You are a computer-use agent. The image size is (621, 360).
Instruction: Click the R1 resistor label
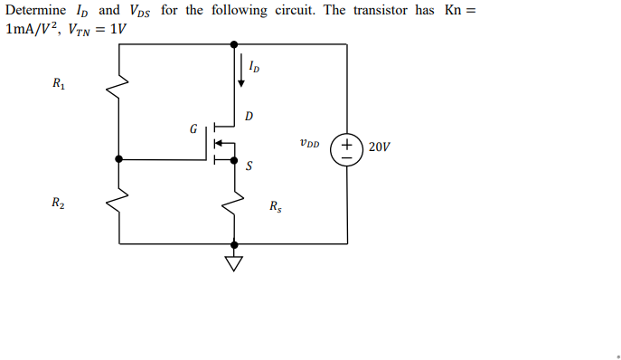(x=59, y=85)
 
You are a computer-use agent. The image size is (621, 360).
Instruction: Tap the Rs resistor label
(x=275, y=207)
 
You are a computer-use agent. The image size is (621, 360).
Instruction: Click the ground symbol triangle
(x=235, y=263)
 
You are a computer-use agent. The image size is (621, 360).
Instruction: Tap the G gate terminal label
(x=193, y=128)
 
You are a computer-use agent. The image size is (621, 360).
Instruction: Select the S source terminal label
(x=249, y=166)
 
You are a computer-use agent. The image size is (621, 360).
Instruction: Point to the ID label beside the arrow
(x=256, y=64)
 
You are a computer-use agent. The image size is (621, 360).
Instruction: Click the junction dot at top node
(x=235, y=43)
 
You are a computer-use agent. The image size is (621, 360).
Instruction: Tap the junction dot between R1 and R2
(x=120, y=158)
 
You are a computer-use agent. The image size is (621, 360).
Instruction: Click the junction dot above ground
(x=235, y=243)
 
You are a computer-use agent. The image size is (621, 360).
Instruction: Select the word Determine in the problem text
(x=36, y=11)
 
